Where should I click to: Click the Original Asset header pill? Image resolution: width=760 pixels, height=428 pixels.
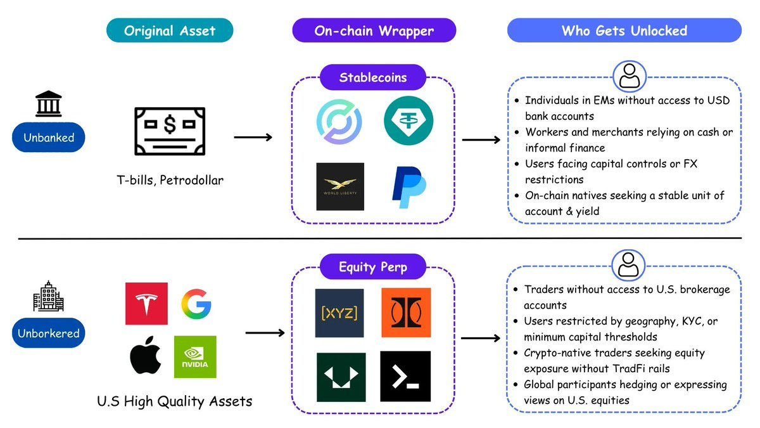click(x=169, y=30)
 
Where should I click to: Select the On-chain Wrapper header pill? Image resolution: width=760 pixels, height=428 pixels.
click(x=374, y=30)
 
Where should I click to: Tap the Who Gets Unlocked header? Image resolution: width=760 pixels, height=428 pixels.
click(x=624, y=30)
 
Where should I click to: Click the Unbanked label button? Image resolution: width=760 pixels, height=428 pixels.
click(x=48, y=137)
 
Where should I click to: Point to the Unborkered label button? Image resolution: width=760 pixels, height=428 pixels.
click(x=48, y=333)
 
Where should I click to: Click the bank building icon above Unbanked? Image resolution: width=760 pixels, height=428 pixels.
click(x=49, y=104)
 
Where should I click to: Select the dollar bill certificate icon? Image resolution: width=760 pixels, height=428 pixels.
click(x=170, y=130)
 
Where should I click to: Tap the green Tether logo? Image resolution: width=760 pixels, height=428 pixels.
click(x=408, y=119)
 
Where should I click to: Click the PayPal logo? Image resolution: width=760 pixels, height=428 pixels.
click(x=408, y=186)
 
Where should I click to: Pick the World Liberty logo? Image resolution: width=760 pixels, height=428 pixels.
click(x=340, y=186)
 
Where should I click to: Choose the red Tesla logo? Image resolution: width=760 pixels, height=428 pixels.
click(x=146, y=304)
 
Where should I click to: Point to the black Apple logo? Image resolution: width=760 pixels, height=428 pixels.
click(x=146, y=357)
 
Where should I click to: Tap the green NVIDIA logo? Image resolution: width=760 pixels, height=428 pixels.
click(x=195, y=357)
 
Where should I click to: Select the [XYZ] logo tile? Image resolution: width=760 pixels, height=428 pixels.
click(x=339, y=313)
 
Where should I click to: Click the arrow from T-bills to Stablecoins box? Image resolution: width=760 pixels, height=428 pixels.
click(x=253, y=137)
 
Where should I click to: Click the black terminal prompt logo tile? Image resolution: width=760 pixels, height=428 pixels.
click(x=405, y=376)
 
